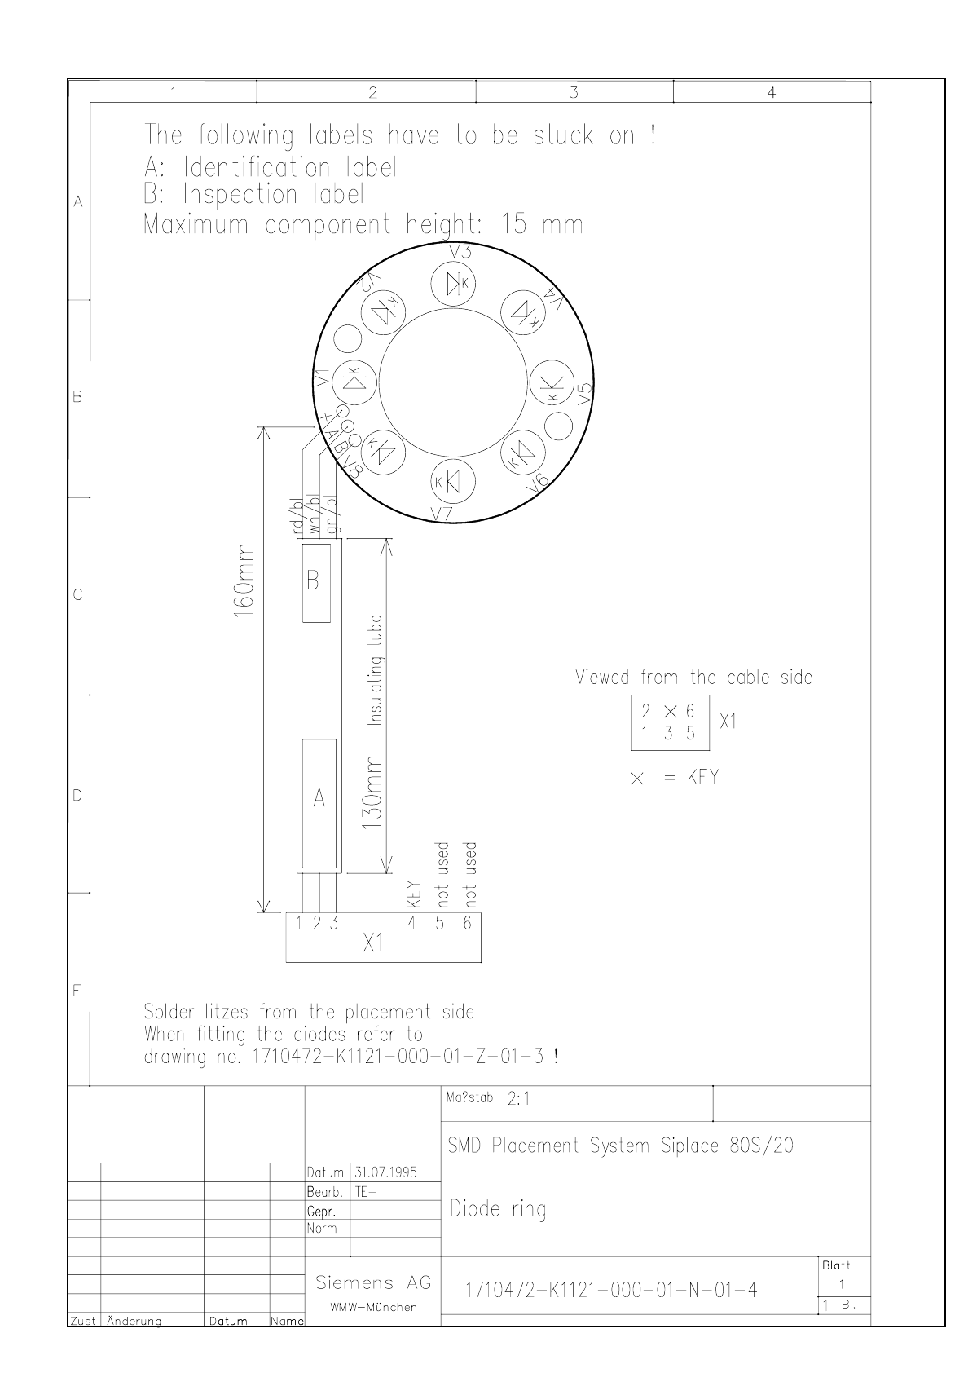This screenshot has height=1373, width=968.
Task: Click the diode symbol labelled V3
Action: (x=453, y=284)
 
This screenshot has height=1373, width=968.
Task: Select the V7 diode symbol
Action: (x=453, y=481)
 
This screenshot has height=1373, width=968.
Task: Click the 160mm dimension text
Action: (x=244, y=580)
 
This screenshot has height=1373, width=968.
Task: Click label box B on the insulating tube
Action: (x=316, y=583)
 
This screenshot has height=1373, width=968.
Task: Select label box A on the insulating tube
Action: (x=319, y=804)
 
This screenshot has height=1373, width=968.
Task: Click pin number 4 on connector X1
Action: (x=411, y=922)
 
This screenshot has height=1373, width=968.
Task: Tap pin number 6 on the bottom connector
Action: (x=468, y=922)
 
